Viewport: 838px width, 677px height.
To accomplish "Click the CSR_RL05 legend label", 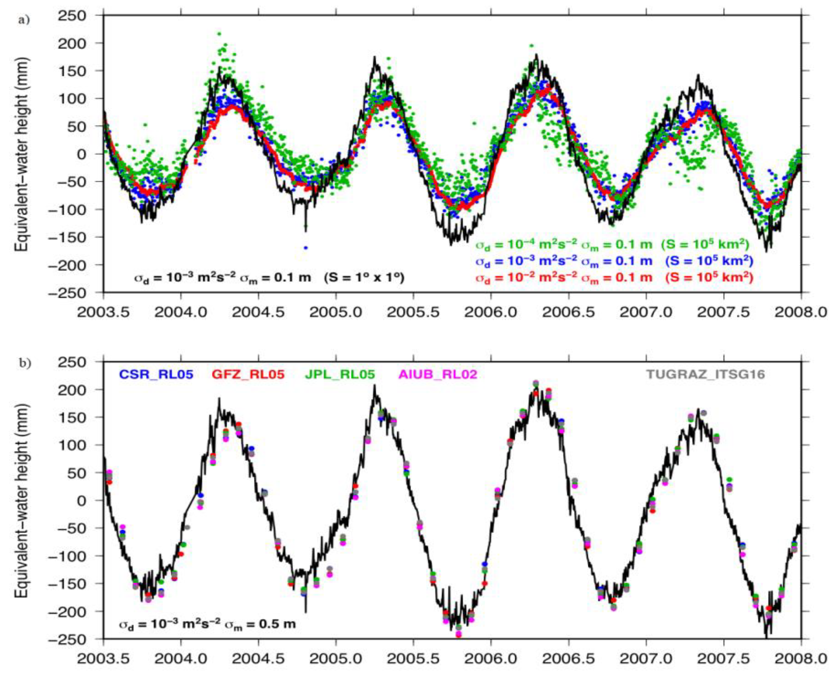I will (156, 374).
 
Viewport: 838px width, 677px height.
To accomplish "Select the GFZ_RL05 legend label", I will (248, 374).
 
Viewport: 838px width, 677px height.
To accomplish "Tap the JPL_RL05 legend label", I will (340, 374).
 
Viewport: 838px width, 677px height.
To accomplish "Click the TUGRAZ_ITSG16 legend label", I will (705, 374).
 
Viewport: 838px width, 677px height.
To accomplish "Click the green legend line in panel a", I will (612, 245).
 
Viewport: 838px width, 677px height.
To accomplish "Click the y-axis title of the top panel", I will (22, 154).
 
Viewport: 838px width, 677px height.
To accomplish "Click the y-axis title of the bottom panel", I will (22, 500).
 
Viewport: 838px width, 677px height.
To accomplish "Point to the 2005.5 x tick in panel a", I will (414, 312).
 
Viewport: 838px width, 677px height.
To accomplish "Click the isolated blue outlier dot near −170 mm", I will (306, 248).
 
